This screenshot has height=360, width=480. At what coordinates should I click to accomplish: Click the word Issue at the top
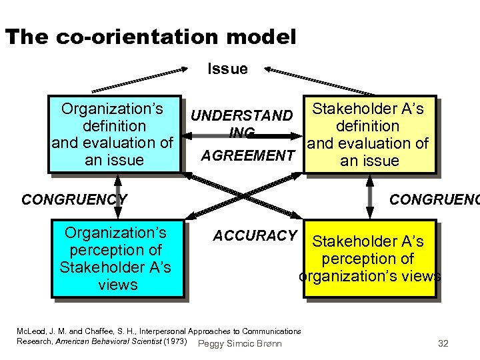(x=227, y=69)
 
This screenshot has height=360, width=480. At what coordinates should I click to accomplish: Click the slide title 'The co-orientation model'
(x=150, y=37)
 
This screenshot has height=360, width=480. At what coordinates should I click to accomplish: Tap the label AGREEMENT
(x=248, y=156)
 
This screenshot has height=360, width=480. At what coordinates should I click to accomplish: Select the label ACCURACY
(x=255, y=235)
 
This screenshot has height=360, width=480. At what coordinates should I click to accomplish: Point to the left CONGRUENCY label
(x=74, y=199)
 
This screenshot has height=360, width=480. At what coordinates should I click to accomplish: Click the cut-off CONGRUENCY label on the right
(x=434, y=199)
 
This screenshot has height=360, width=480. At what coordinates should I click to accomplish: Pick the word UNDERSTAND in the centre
(x=241, y=116)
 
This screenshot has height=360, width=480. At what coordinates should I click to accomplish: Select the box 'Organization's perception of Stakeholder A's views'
(x=117, y=259)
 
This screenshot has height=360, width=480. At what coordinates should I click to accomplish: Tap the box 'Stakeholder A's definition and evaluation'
(x=369, y=134)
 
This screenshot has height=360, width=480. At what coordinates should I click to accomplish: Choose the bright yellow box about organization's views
(x=370, y=259)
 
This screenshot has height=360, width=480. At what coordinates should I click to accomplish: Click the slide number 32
(x=443, y=344)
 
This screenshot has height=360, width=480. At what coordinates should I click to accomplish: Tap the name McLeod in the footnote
(x=29, y=331)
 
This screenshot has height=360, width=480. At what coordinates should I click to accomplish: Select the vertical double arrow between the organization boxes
(x=117, y=196)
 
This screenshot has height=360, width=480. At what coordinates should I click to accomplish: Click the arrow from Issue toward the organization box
(x=140, y=78)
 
